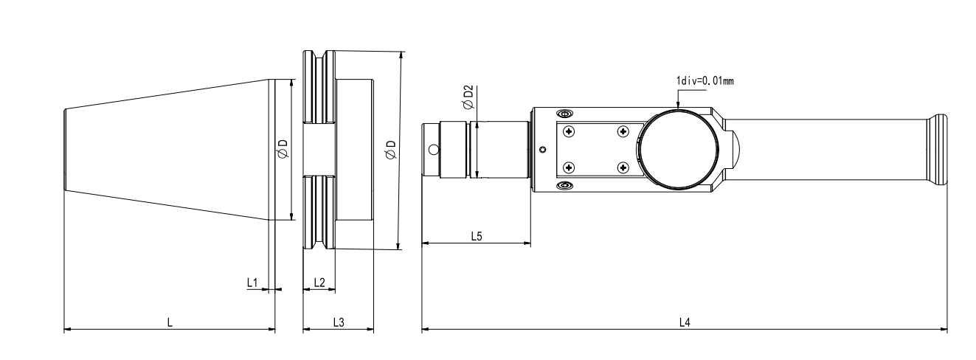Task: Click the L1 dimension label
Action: (252, 282)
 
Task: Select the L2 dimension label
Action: (319, 282)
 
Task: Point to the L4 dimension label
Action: (684, 322)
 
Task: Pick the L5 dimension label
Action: (477, 235)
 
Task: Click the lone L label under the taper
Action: (169, 322)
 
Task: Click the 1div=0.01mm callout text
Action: (705, 80)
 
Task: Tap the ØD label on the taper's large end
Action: (283, 149)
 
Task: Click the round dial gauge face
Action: (677, 150)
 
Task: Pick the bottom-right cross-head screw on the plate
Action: (623, 167)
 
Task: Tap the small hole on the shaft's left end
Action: (434, 150)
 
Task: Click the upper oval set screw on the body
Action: (565, 114)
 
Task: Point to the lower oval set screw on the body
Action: (565, 185)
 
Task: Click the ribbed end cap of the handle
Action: (938, 150)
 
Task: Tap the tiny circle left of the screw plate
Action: (543, 150)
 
